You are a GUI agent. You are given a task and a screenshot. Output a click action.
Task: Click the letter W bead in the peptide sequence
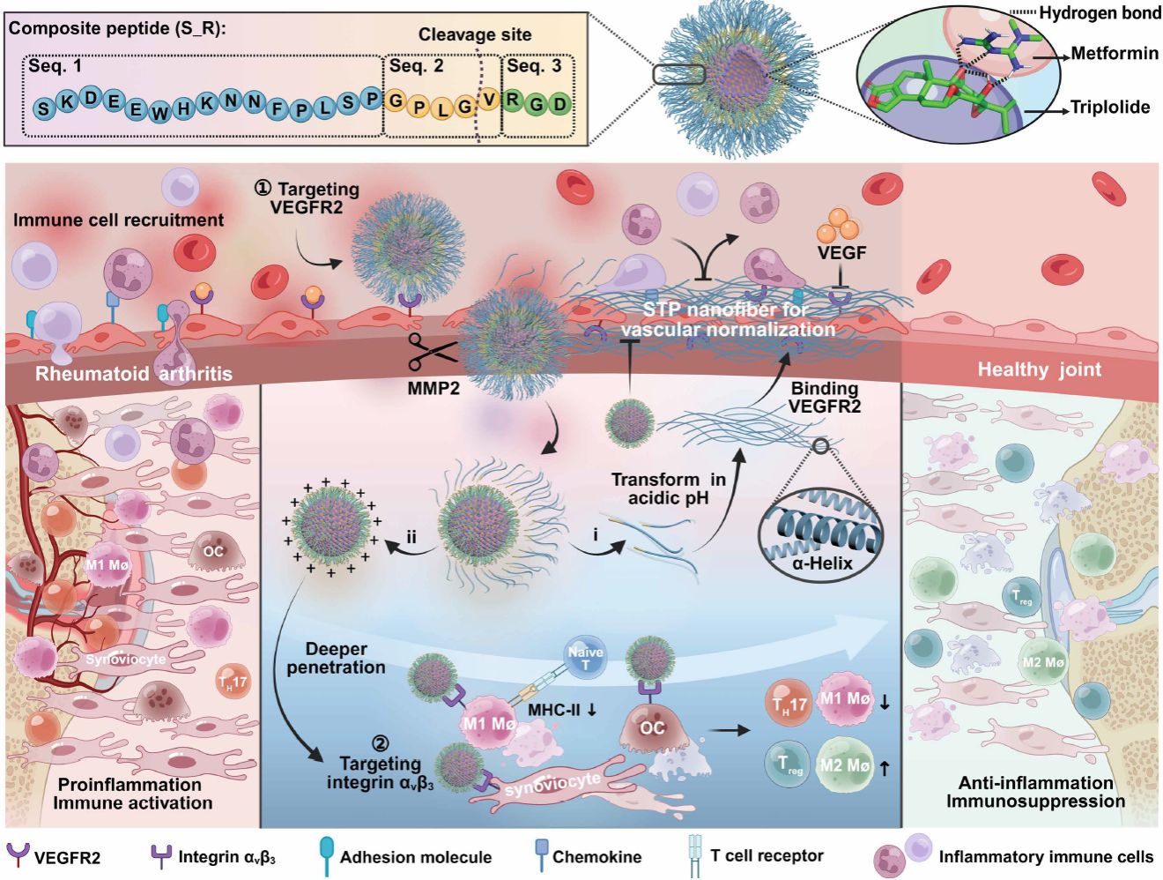(x=159, y=111)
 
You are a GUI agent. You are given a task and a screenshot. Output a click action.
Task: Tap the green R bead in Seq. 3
(x=513, y=99)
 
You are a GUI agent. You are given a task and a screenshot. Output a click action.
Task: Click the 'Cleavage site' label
(x=474, y=35)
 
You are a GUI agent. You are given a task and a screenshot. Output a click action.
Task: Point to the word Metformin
(x=1115, y=54)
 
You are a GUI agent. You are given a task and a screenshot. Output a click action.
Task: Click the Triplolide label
(x=1109, y=108)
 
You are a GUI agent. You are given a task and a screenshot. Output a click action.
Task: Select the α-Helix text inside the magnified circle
(x=822, y=562)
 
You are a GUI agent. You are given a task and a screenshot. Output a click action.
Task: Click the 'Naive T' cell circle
(x=585, y=658)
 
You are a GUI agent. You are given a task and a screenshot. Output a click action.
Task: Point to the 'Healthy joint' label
(x=1039, y=369)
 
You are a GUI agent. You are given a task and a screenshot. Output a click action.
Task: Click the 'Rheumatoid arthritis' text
(x=134, y=374)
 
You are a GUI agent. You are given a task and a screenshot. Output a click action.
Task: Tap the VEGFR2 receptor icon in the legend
(x=18, y=854)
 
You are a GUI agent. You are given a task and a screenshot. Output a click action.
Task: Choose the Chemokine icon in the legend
(x=541, y=854)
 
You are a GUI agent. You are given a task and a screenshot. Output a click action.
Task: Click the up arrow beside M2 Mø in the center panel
(x=884, y=768)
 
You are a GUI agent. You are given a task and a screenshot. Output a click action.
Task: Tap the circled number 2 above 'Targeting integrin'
(x=380, y=744)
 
